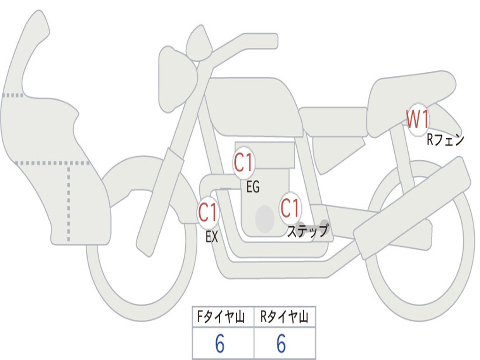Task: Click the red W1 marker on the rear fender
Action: pos(418,120)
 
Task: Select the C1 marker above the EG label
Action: pos(243,162)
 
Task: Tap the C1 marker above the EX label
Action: pos(208,212)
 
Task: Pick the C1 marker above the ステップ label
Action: pos(290,208)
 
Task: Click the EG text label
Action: pos(253,187)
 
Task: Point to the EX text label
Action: pos(212,237)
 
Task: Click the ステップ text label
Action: pos(307,231)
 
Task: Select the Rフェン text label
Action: pos(445,140)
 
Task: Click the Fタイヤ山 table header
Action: pos(221,317)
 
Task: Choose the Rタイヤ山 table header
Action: pos(284,317)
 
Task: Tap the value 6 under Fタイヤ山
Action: pos(220,344)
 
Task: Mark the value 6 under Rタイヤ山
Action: pos(281,344)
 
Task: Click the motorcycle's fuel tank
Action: pos(254,105)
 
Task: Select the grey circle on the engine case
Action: pos(265,219)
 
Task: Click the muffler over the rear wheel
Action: pos(412,208)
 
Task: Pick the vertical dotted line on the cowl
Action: pos(68,203)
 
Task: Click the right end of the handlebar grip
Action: pos(277,41)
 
